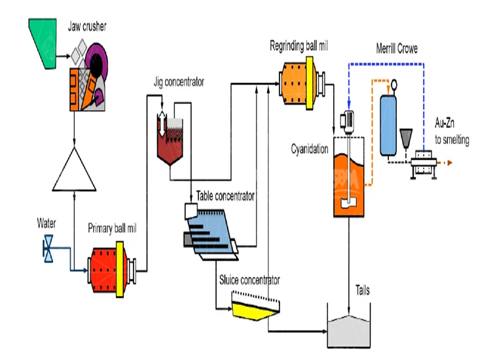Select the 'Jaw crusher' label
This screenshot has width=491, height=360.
tap(88, 26)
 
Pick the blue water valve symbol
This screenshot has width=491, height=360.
tap(48, 249)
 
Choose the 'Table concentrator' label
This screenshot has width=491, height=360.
tap(225, 195)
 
